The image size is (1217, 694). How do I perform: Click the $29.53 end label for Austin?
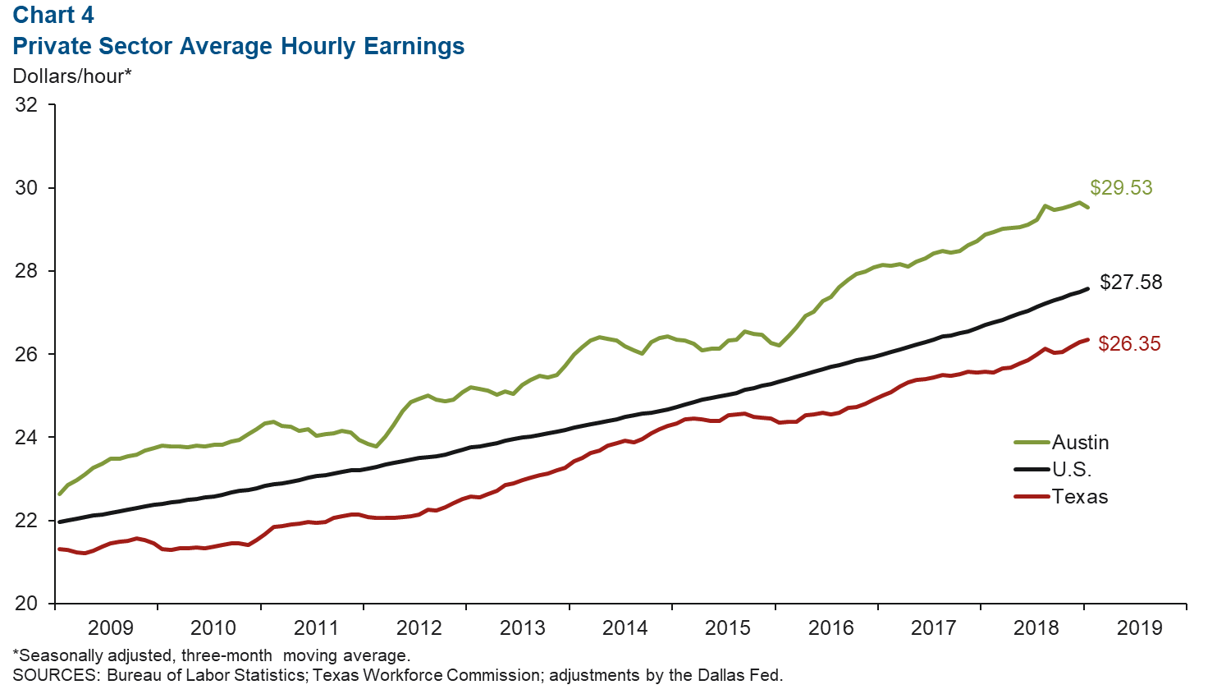click(1121, 188)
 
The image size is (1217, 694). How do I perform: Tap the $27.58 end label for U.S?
click(1131, 283)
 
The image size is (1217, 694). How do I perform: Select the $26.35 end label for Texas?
click(1129, 344)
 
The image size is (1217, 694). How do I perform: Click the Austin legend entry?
click(1080, 443)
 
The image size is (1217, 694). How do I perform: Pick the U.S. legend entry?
click(1072, 470)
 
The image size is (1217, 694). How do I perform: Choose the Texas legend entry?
click(1080, 497)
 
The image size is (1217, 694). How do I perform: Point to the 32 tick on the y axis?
click(26, 105)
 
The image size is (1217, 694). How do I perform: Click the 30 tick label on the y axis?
click(26, 188)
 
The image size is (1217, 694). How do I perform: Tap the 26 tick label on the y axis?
click(26, 354)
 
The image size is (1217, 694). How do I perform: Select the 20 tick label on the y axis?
click(26, 604)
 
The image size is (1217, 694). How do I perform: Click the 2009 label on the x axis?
click(110, 628)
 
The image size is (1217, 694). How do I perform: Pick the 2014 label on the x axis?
click(625, 628)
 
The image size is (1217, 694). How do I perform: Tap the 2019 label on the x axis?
click(1140, 628)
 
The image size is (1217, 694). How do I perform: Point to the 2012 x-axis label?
click(419, 628)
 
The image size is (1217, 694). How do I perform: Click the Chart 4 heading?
click(53, 16)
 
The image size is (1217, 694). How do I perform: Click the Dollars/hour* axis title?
click(72, 76)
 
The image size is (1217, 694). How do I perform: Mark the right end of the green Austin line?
click(1087, 207)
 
